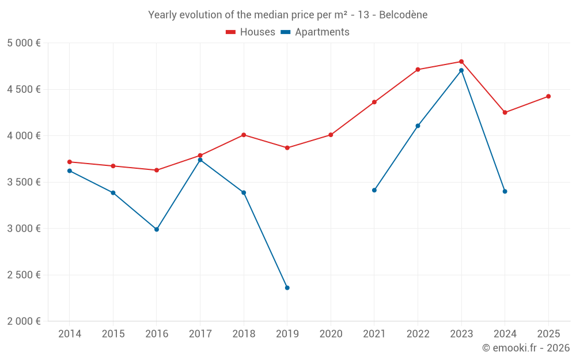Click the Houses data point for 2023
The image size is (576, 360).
tap(461, 62)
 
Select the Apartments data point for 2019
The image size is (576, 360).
tap(287, 287)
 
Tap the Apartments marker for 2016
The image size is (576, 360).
tap(157, 229)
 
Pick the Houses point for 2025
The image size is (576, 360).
tap(548, 96)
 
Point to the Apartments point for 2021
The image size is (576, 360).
tap(374, 190)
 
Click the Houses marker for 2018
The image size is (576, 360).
tap(244, 135)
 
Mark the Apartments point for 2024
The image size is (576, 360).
tap(505, 191)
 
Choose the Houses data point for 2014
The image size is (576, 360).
tap(70, 162)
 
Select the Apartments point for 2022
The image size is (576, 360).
tap(418, 126)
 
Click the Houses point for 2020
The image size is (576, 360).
tap(331, 135)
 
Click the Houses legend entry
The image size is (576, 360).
tap(251, 32)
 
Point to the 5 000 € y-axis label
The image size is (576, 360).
tap(24, 43)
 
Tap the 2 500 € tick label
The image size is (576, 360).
tap(24, 275)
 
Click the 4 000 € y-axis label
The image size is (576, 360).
tap(24, 136)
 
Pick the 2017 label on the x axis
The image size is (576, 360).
tap(200, 334)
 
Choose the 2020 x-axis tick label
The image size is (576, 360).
tap(331, 334)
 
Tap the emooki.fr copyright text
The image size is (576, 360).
tap(525, 348)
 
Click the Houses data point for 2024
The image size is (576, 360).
tap(505, 112)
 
